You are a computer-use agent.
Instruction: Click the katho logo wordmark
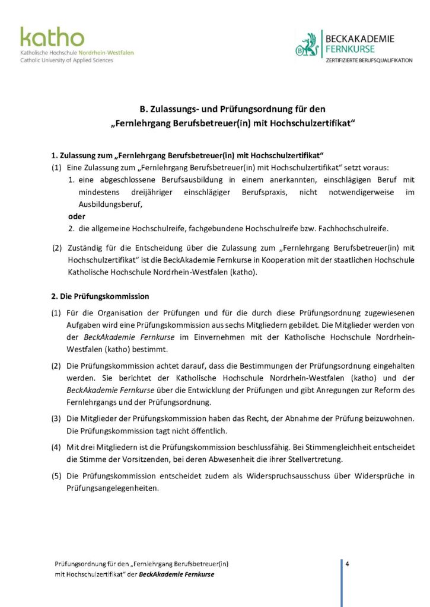[x=52, y=37]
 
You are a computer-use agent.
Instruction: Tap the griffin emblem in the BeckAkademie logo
[x=307, y=45]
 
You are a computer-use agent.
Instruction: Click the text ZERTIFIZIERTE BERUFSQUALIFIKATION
[x=368, y=60]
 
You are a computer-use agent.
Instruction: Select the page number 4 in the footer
[x=347, y=564]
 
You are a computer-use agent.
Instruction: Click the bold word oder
[x=77, y=216]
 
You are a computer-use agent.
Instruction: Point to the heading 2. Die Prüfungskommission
[x=100, y=296]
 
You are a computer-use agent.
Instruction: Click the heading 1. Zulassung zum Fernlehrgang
[x=191, y=156]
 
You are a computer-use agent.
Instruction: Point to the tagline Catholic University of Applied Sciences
[x=66, y=60]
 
